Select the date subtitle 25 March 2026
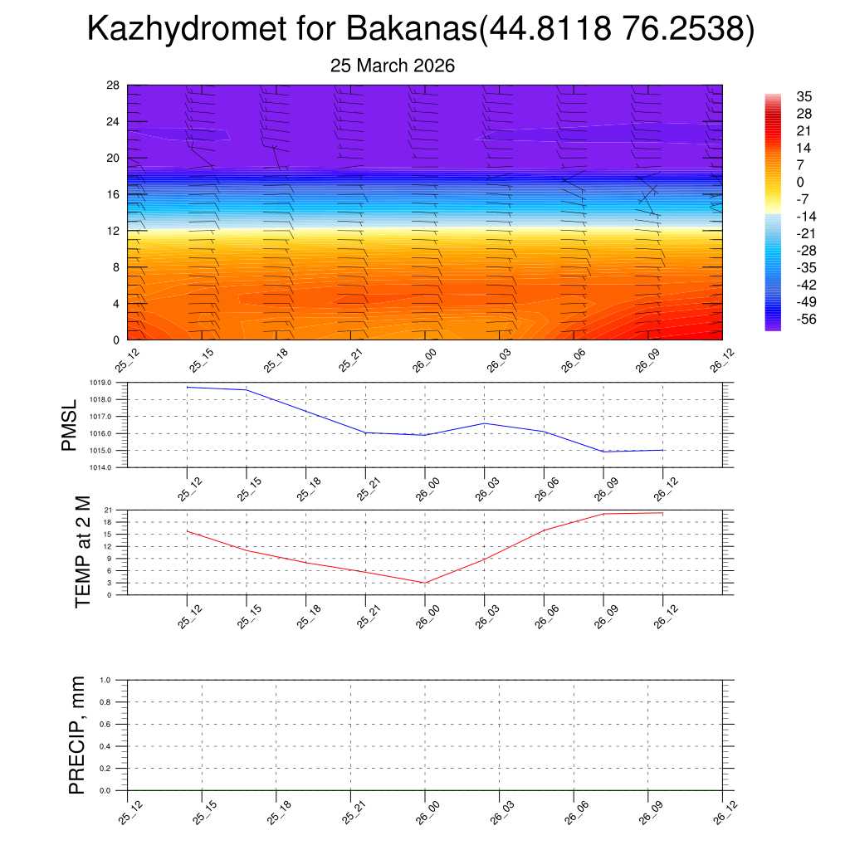click(x=393, y=66)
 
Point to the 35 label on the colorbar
click(x=804, y=96)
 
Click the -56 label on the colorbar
click(x=806, y=319)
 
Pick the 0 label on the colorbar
click(x=800, y=182)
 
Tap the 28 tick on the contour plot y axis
click(x=113, y=85)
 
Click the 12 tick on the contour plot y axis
click(x=113, y=231)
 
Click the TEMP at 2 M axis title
click(x=82, y=552)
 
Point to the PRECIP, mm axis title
click(x=77, y=735)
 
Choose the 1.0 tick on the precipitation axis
click(x=105, y=680)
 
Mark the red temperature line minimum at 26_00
click(x=425, y=583)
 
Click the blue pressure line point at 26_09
click(x=603, y=452)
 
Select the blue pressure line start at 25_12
click(x=188, y=387)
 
